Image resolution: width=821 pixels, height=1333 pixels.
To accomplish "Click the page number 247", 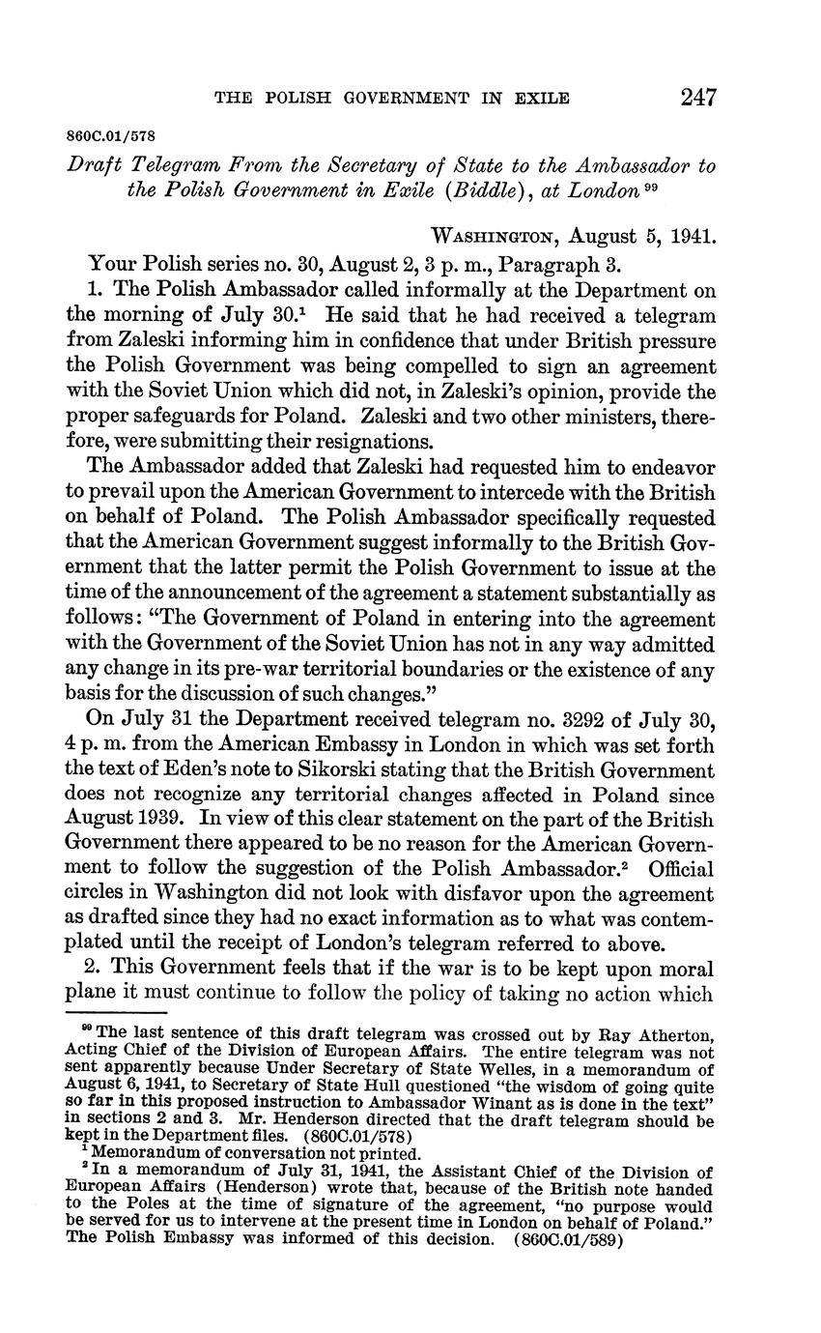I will [697, 97].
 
